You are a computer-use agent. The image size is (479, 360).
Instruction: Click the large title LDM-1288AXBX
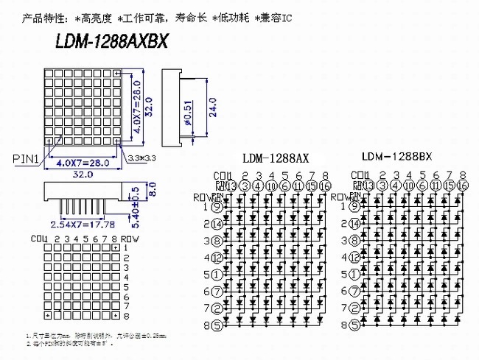click(111, 42)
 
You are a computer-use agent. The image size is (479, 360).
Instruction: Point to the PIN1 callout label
click(26, 157)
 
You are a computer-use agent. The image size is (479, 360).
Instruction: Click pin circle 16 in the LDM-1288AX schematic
click(326, 186)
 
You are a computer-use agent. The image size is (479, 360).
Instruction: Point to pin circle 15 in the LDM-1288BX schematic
click(449, 186)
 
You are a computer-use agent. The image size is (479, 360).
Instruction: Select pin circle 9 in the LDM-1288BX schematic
click(354, 207)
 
